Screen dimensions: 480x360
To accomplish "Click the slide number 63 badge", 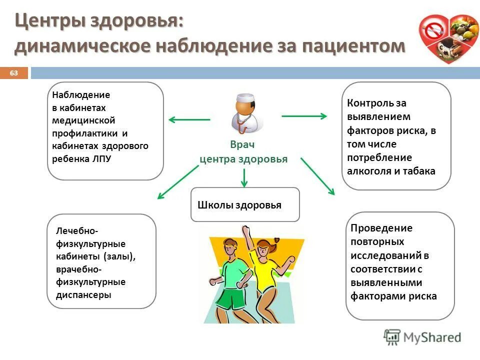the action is pos(13,73).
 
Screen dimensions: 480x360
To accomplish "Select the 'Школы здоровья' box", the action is pos(245,204).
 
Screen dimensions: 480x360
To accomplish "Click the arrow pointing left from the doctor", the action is pos(189,119).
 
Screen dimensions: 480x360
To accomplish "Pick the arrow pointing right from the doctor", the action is pos(304,116).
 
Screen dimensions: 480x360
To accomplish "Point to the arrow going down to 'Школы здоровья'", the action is pos(244,177).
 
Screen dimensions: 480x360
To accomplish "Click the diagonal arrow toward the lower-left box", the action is pos(178,182).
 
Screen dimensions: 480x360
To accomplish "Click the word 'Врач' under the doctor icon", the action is pos(242,145).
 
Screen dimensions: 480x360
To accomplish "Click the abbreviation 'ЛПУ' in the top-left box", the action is pos(102,159).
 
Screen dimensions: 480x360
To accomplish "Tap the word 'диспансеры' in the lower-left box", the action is pos(84,294).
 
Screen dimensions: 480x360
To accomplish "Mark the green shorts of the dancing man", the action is pos(231,299).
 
